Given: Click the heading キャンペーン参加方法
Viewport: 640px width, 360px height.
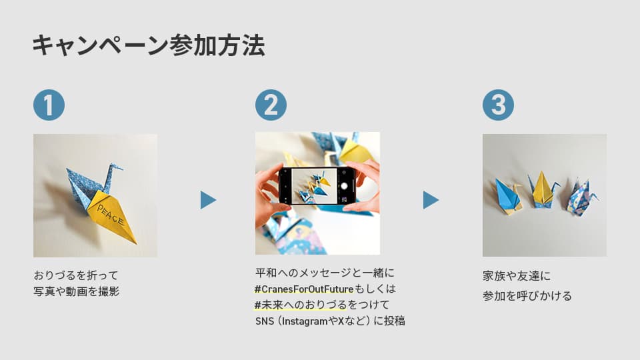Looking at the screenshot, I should click(148, 46).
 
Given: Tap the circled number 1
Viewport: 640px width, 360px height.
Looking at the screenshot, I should click(49, 105).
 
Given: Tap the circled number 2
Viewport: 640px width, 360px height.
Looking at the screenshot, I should click(271, 105).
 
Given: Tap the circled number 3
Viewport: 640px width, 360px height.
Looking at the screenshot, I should click(498, 105).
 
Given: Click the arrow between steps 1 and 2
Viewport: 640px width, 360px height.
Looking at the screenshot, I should click(208, 200).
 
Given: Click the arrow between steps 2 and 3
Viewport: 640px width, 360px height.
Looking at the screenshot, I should click(431, 200).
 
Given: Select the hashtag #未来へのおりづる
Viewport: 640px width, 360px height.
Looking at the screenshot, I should click(301, 305).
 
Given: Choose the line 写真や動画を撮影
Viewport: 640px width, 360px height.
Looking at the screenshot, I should click(77, 291).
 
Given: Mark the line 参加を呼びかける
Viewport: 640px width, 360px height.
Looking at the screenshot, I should click(527, 296).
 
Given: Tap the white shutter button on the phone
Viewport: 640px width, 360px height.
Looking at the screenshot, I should click(346, 185).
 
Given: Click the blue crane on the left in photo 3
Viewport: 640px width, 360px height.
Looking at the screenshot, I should click(508, 195).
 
